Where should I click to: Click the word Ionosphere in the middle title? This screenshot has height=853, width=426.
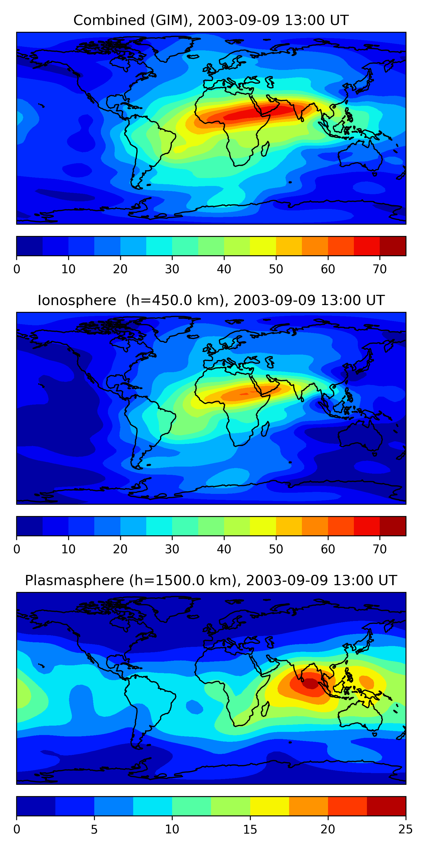pos(77,300)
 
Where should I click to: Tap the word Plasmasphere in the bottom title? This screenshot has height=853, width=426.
pos(74,581)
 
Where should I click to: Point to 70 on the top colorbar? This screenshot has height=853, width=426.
pos(380,269)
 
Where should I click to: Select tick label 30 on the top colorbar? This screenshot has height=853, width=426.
pos(172,269)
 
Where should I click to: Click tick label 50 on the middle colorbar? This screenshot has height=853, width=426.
pos(276,549)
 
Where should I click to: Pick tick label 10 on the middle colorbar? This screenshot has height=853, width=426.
pos(68,549)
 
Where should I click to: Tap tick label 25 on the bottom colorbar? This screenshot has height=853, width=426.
pos(406,829)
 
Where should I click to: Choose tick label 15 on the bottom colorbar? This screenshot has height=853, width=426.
pos(250,829)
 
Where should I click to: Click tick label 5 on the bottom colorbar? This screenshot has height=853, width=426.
pos(94,829)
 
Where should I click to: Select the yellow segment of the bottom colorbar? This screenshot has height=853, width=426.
pos(270,806)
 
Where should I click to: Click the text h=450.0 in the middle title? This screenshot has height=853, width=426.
pos(159,300)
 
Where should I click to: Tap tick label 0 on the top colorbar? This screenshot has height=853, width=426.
pos(16,269)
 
